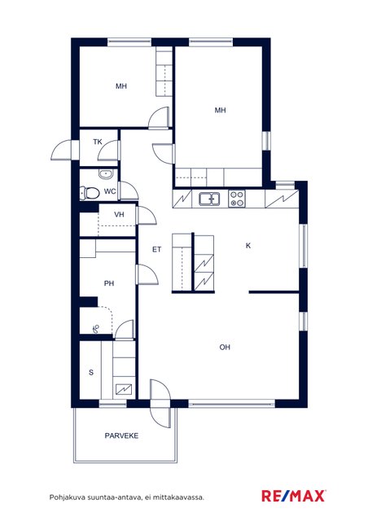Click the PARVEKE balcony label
tap(121, 436)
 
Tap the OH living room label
tap(225, 348)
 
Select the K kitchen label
tap(248, 246)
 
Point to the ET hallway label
tap(156, 249)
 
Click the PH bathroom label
tap(109, 283)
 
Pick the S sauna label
tap(91, 373)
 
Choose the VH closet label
tap(119, 215)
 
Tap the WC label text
tap(110, 192)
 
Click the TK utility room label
tap(98, 142)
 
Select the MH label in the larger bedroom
tap(220, 110)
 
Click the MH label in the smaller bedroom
tap(121, 86)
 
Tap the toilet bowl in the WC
tap(90, 193)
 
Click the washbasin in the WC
tap(106, 174)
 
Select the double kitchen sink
tap(209, 199)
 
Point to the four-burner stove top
tap(237, 199)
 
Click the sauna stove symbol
tap(124, 389)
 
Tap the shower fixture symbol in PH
tap(96, 329)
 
